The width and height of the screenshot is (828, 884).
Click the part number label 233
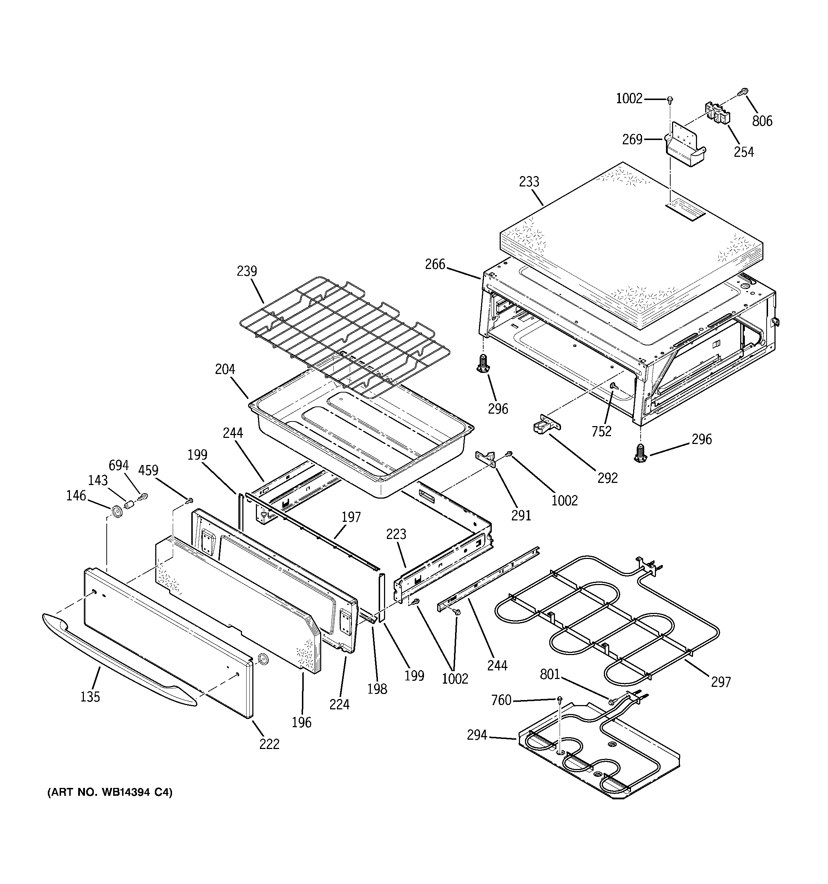click(x=529, y=182)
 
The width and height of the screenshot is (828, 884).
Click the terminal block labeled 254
click(x=718, y=113)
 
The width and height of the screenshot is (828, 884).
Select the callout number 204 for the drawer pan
click(x=225, y=369)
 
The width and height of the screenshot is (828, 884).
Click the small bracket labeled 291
click(x=485, y=457)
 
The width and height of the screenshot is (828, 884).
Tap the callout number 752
click(x=601, y=431)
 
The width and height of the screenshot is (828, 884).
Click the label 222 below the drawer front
click(x=269, y=744)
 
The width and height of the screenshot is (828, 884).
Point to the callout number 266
click(x=435, y=265)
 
